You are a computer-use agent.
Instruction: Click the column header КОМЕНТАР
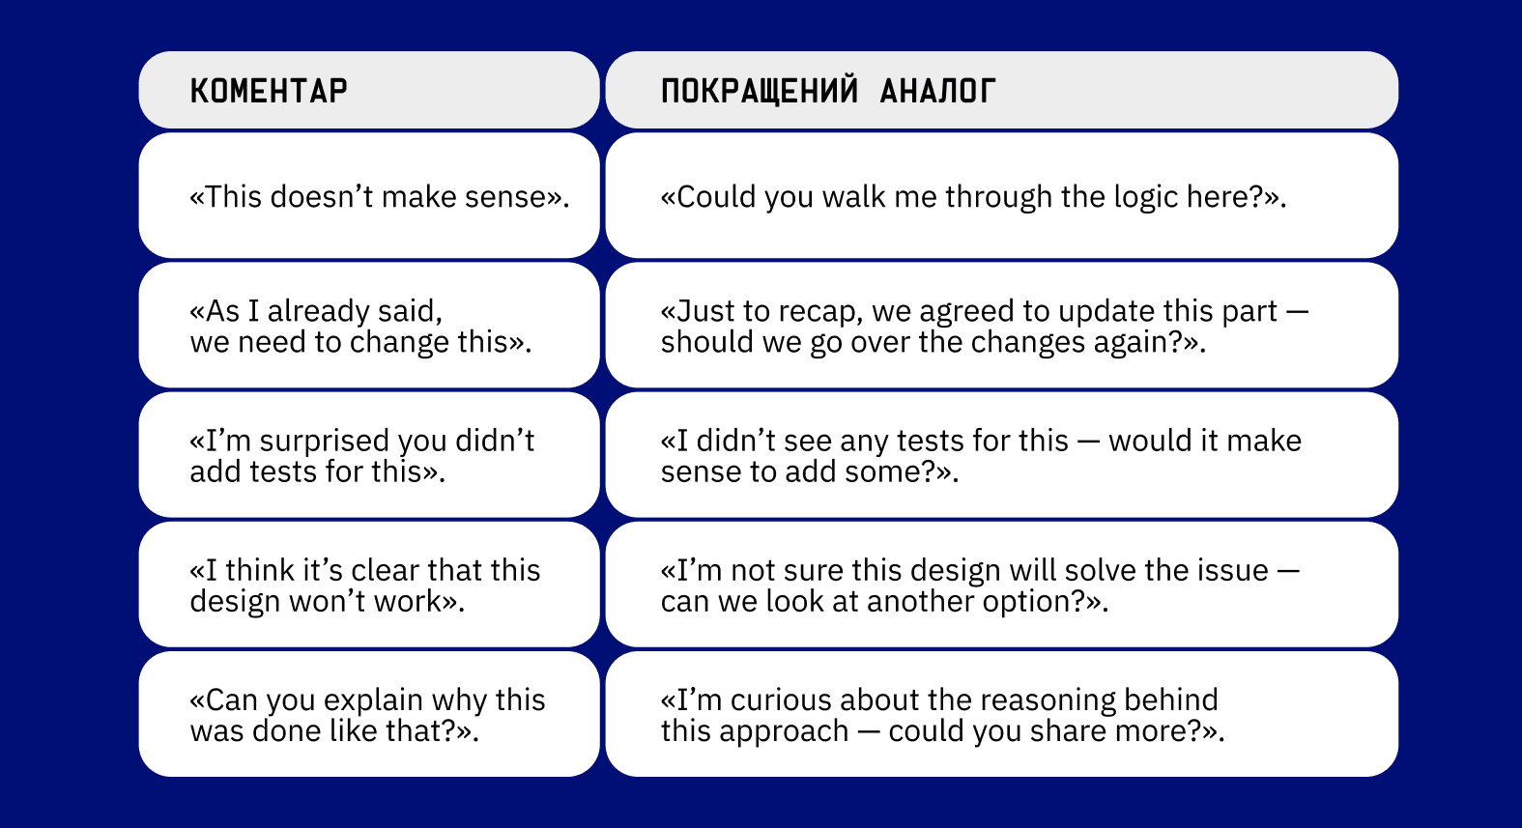point(269,91)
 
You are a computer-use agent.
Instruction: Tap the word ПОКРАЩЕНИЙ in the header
point(759,91)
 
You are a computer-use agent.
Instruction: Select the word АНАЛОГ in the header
point(937,91)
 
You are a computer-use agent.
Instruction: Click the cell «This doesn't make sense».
point(369,195)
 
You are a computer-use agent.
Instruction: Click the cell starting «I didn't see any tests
point(1001,455)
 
